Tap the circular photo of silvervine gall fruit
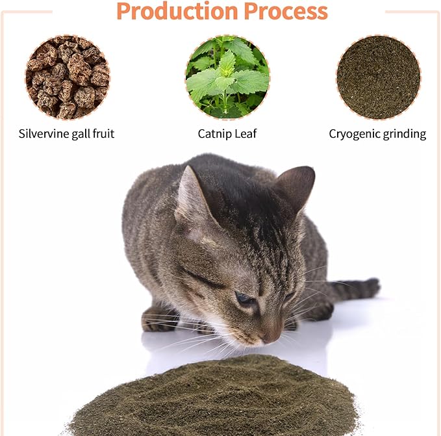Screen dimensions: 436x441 click(68, 77)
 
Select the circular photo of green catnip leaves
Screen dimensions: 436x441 click(227, 77)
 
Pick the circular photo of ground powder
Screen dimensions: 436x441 click(378, 77)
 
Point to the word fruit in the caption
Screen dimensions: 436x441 click(102, 134)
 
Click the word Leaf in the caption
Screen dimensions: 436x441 click(247, 134)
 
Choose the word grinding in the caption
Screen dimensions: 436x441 click(404, 134)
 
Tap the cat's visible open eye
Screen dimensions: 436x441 click(246, 299)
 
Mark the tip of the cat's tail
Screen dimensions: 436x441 click(373, 287)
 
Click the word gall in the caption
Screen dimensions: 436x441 click(78, 134)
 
